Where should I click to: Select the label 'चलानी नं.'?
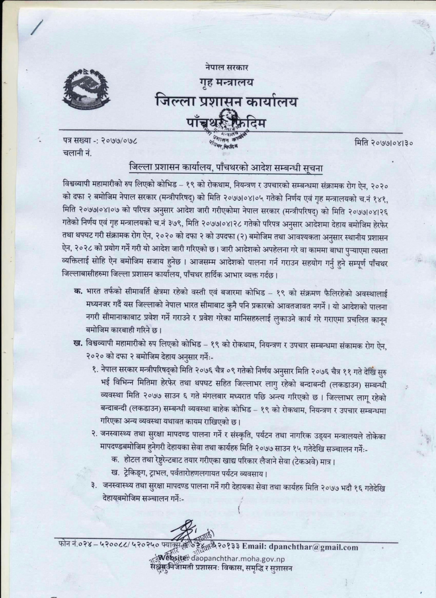coord(77,152)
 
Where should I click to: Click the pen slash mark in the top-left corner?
coord(37,27)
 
